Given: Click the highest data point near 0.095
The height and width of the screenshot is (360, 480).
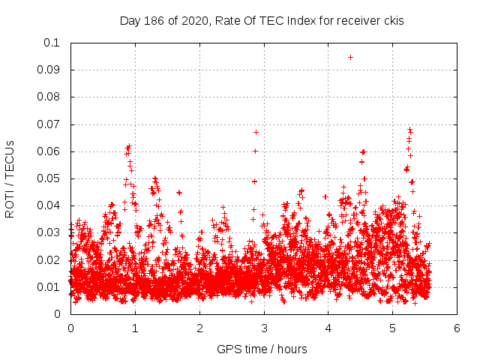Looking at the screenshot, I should [x=350, y=57].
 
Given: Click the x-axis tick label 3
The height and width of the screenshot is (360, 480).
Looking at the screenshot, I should [x=264, y=328].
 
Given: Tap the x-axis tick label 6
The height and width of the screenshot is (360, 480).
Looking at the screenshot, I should [x=457, y=328].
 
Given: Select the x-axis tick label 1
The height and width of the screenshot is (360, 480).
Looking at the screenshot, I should [x=135, y=328].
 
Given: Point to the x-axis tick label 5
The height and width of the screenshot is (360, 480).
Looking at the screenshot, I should [x=392, y=328].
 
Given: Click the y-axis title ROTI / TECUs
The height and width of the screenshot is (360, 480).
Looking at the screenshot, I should [x=10, y=178].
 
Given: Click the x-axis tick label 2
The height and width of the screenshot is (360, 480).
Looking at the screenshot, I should [x=199, y=328].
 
